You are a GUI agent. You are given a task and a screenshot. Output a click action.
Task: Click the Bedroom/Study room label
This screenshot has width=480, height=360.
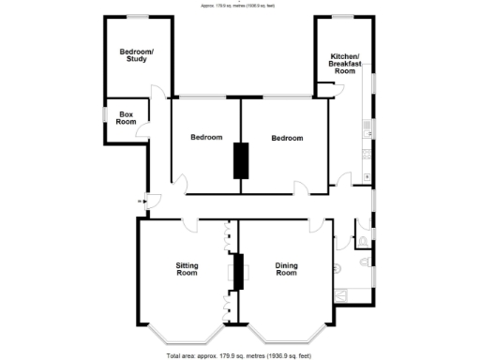pos(136,55)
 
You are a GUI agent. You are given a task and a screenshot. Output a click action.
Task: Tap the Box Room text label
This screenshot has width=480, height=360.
pos(126,117)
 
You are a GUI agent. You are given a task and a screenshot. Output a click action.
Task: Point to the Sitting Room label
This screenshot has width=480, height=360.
pos(187,269)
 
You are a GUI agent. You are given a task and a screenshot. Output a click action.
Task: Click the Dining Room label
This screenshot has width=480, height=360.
pos(286,269)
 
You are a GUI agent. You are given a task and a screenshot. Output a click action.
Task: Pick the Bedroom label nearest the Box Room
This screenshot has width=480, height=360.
pos(206,138)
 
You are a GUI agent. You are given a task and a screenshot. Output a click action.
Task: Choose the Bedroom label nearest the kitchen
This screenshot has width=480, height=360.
pos(287,138)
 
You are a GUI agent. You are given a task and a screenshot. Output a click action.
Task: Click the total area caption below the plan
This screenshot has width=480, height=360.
pos(239,355)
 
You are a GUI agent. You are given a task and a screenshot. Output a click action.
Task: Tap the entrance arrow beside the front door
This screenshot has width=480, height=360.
pos(141,200)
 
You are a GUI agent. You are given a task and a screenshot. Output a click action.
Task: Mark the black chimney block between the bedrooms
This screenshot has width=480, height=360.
pos(242,159)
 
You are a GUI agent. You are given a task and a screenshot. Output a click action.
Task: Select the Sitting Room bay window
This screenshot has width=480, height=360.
pos(185,337)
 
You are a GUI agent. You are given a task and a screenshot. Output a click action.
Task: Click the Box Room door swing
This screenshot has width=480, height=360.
pos(142,129)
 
